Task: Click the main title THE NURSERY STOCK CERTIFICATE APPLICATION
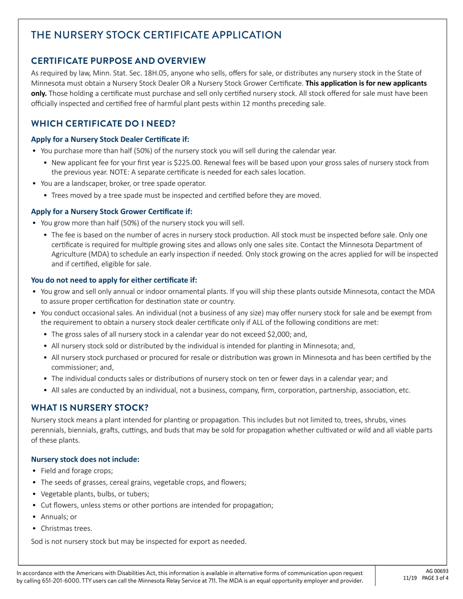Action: pos(156,35)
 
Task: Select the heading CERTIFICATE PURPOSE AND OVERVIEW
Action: pos(118,61)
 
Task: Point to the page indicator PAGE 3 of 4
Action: pos(432,578)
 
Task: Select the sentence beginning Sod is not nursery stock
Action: pos(138,542)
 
